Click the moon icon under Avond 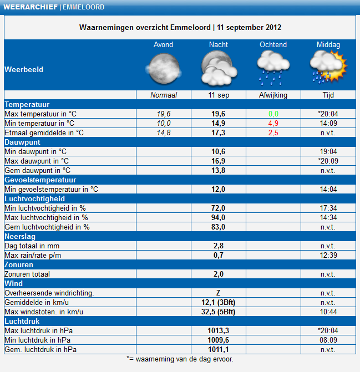[x=164, y=69]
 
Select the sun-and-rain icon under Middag [x=328, y=68]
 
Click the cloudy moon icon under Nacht [x=219, y=68]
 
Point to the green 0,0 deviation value [x=273, y=114]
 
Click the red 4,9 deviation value [x=273, y=124]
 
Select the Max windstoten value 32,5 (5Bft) [x=219, y=312]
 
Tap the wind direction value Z [x=219, y=293]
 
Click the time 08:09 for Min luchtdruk [x=328, y=340]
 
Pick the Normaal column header [x=164, y=95]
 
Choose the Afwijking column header [x=273, y=95]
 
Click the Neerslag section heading [x=20, y=237]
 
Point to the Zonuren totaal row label [x=27, y=274]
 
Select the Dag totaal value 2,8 [x=219, y=246]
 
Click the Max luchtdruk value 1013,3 [x=219, y=330]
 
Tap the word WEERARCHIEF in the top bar [x=31, y=7]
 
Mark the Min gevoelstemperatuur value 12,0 [x=219, y=189]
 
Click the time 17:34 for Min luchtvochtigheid [x=328, y=208]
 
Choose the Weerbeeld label [x=24, y=69]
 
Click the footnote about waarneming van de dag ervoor [x=180, y=359]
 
